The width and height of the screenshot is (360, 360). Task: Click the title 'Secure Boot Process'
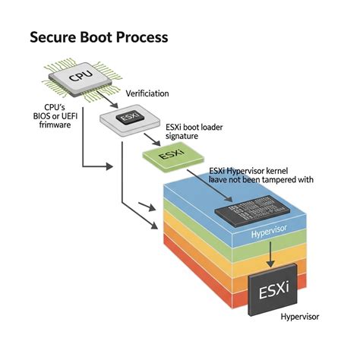pos(99,36)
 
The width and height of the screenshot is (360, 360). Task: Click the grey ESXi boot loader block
pos(126,119)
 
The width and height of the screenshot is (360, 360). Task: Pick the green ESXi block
pos(168,155)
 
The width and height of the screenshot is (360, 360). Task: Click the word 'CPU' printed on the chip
pos(80,76)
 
